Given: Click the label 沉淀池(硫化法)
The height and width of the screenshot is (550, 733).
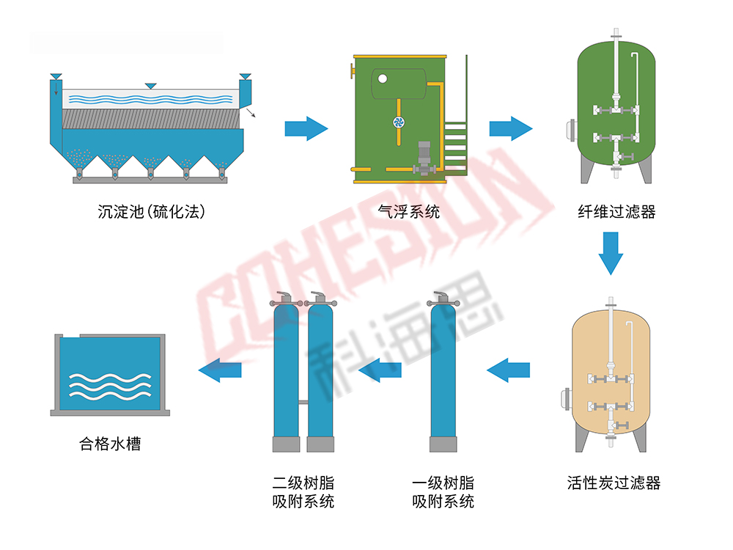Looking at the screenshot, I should pos(150,213).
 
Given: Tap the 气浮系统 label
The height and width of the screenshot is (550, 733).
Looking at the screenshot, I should pos(409,213).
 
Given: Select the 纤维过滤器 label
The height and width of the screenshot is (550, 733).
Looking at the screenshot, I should pos(616,213).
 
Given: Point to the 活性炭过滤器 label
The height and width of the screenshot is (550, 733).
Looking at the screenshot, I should pos(614,483).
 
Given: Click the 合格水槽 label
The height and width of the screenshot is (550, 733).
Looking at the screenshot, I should pos(109,444).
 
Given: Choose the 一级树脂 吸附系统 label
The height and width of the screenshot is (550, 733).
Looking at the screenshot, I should pos(443,492).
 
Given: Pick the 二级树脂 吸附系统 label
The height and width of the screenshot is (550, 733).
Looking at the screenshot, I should pos(303,492).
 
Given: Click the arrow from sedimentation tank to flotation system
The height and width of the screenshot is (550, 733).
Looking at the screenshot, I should pos(306,129).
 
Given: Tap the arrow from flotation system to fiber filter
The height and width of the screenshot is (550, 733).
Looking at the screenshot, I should pos(510,129).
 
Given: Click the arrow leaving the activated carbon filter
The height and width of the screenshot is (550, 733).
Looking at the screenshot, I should pos(508,370).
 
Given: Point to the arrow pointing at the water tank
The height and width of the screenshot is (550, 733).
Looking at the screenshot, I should pos(221,370).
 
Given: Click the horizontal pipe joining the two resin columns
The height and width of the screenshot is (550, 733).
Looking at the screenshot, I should pos(302,401).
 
